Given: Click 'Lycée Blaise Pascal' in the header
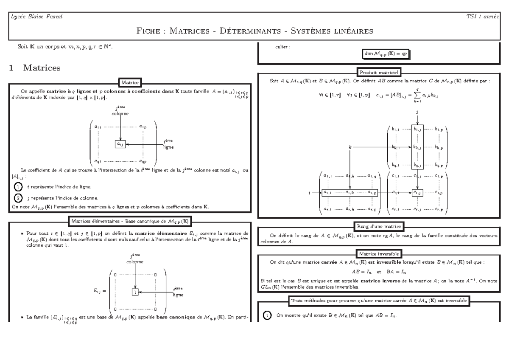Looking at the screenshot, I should pyautogui.click(x=29, y=17).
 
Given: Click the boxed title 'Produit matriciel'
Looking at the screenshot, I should pyautogui.click(x=380, y=72).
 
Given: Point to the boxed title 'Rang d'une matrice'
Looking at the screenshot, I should pyautogui.click(x=379, y=225).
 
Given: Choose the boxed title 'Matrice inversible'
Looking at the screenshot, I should pyautogui.click(x=379, y=253).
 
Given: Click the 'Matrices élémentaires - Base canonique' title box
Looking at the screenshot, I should pyautogui.click(x=130, y=220).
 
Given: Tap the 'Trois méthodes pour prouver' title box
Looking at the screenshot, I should pyautogui.click(x=379, y=301).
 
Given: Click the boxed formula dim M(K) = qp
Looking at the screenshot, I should pyautogui.click(x=386, y=54).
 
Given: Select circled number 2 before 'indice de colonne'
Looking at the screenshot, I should pyautogui.click(x=17, y=197).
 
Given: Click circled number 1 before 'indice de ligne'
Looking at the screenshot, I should pyautogui.click(x=17, y=186).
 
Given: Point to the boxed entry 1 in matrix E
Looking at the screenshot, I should pyautogui.click(x=135, y=292).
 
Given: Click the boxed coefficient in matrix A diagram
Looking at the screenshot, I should pyautogui.click(x=120, y=144).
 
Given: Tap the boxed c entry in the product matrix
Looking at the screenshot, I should pyautogui.click(x=418, y=192).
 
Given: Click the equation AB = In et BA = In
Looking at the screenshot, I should pyautogui.click(x=380, y=271).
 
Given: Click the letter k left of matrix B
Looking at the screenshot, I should pyautogui.click(x=350, y=147).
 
